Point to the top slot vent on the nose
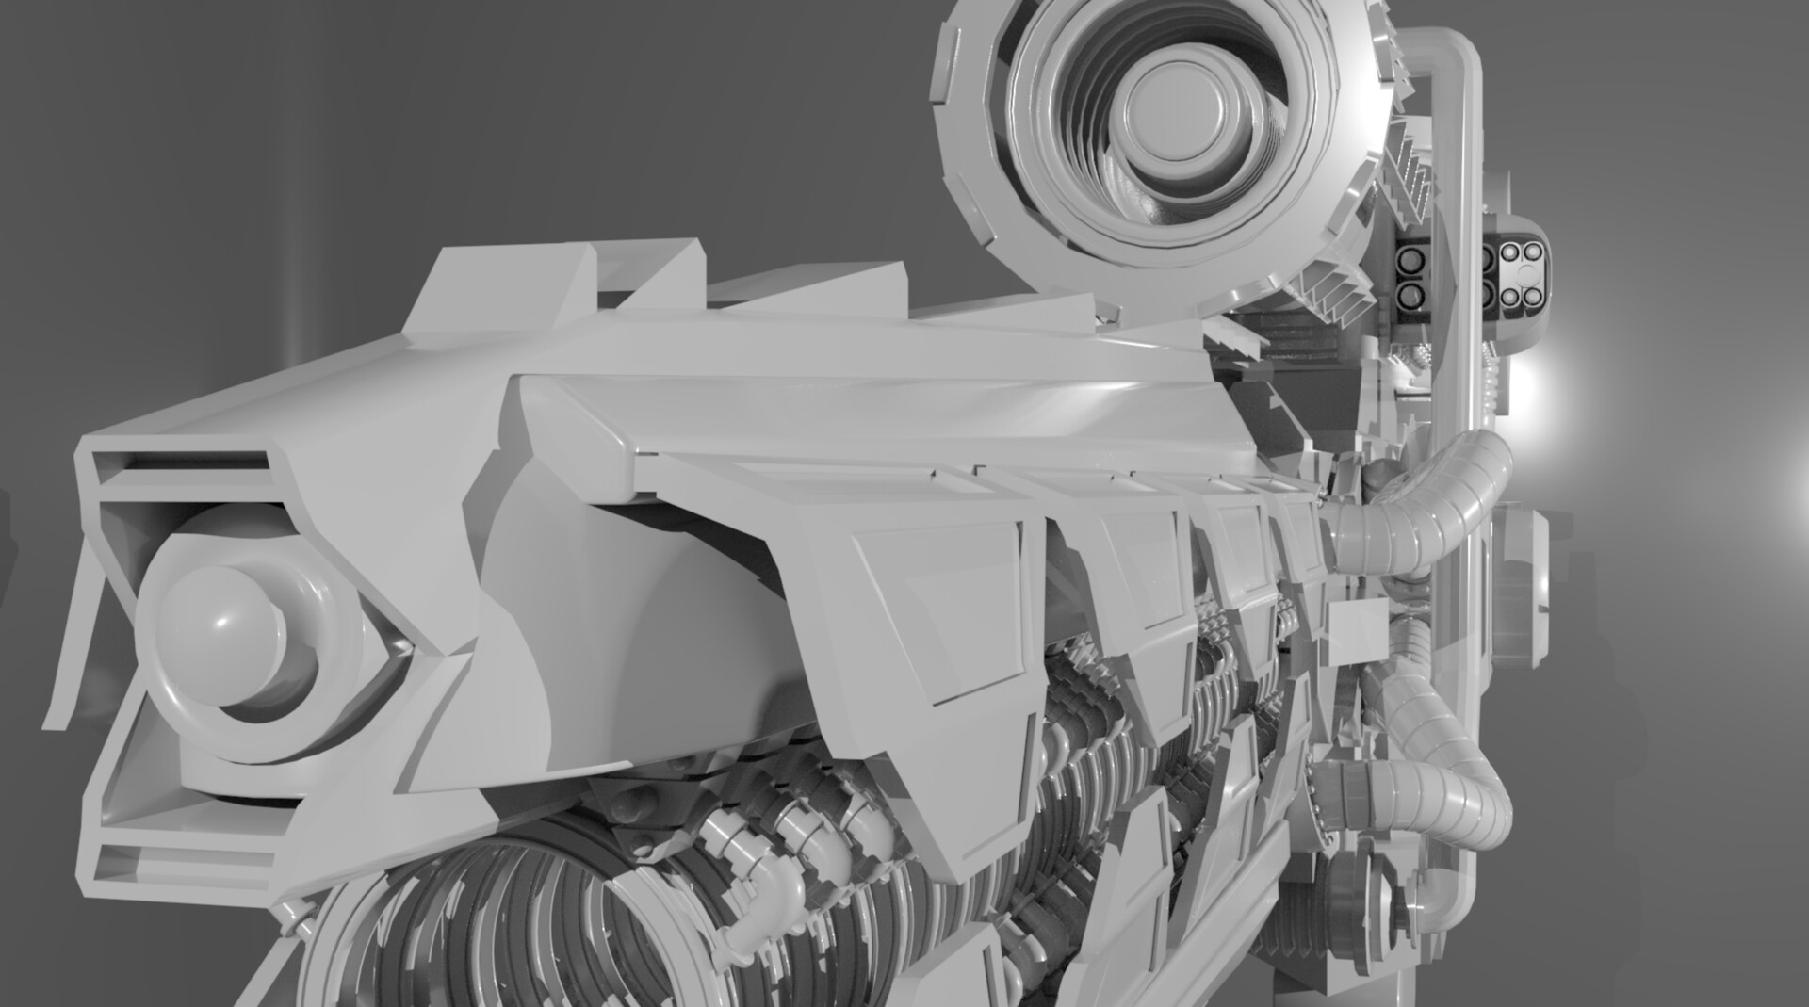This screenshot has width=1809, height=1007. tap(179, 462)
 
